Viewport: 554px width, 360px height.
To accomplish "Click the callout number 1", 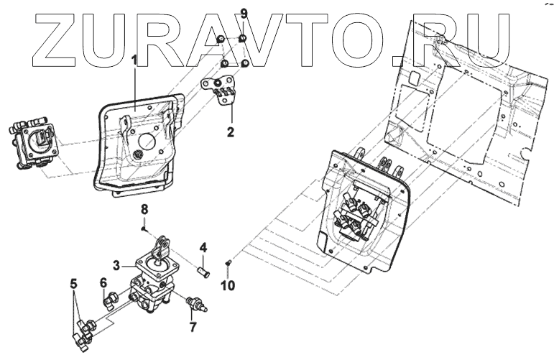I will pyautogui.click(x=134, y=60).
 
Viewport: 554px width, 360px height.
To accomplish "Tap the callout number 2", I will pyautogui.click(x=231, y=131).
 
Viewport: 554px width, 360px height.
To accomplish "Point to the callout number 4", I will pyautogui.click(x=203, y=248).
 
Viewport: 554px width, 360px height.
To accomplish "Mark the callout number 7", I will pyautogui.click(x=193, y=328).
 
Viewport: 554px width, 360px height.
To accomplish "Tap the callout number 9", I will pyautogui.click(x=244, y=14).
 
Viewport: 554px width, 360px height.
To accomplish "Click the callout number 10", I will pyautogui.click(x=228, y=285).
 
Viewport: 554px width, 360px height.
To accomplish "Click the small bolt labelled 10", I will pyautogui.click(x=228, y=263).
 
